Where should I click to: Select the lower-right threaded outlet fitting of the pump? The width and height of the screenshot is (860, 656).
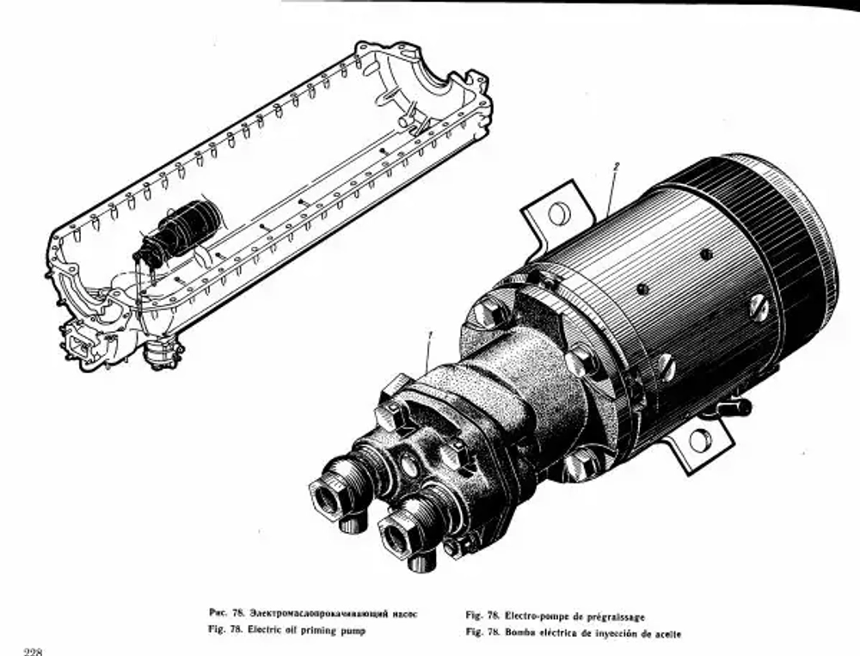(x=402, y=537)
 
